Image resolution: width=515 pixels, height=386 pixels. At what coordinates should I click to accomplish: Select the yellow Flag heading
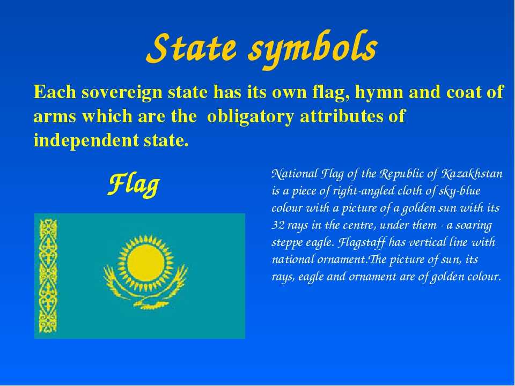point(134,185)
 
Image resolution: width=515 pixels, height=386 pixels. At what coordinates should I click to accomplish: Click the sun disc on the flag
point(145,263)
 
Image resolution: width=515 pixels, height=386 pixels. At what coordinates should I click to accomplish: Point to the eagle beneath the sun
point(145,289)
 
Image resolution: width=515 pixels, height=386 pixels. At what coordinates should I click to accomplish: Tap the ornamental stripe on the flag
point(48,276)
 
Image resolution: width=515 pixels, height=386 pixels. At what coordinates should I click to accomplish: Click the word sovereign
point(122,92)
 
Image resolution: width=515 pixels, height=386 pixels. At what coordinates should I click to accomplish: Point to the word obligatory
point(251,116)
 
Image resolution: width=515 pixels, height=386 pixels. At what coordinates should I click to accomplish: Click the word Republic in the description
point(402,174)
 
